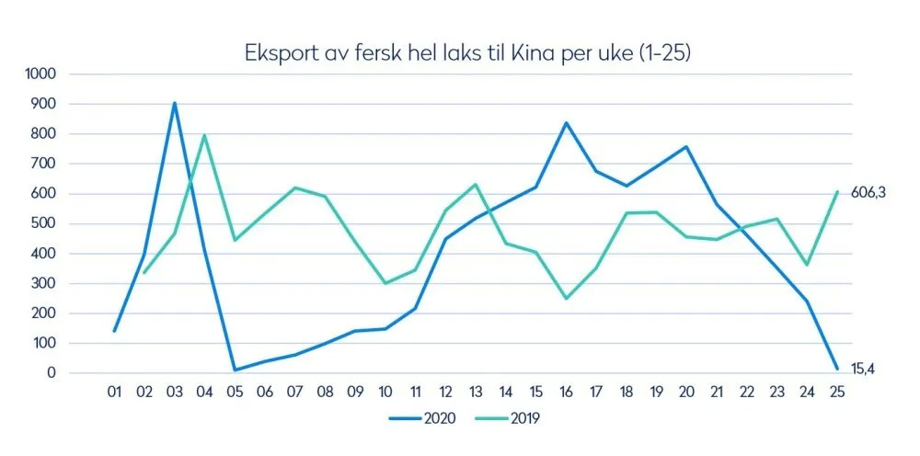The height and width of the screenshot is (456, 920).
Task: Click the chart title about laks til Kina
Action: click(467, 52)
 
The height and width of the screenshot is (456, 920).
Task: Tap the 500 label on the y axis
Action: click(45, 223)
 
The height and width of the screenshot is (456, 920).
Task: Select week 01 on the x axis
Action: click(114, 393)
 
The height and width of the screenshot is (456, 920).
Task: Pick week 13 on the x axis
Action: click(476, 393)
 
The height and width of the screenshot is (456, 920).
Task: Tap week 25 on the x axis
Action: click(837, 393)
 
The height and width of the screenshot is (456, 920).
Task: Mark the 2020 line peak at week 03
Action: click(175, 103)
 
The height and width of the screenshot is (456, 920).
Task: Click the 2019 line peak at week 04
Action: click(204, 135)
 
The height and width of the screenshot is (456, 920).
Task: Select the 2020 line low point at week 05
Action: click(235, 370)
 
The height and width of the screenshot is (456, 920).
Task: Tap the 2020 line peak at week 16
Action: click(566, 123)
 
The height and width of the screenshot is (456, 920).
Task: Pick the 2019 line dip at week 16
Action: click(566, 298)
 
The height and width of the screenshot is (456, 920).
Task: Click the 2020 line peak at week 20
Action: click(686, 146)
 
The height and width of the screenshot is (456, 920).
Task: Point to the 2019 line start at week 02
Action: click(144, 273)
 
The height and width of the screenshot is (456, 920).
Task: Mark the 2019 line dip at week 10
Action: click(385, 283)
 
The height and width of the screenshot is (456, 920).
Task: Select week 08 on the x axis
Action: click(325, 393)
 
